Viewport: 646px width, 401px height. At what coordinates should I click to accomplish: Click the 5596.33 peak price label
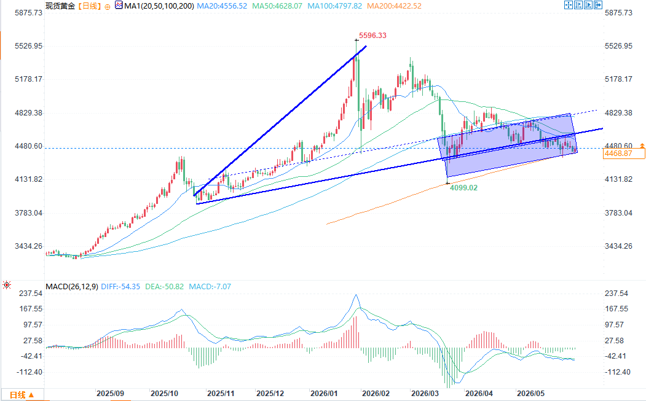(x=372, y=36)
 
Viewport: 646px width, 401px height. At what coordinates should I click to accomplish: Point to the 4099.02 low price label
(x=463, y=188)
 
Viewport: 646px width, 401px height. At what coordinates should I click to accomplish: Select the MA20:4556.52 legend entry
(x=222, y=6)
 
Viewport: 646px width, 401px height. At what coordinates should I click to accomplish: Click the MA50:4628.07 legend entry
(x=277, y=6)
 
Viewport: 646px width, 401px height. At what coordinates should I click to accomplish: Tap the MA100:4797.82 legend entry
(x=335, y=6)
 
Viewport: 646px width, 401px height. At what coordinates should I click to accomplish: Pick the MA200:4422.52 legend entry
(x=394, y=6)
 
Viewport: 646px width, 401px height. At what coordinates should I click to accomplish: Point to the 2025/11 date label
(x=221, y=394)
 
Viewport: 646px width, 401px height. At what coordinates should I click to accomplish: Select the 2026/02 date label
(x=376, y=394)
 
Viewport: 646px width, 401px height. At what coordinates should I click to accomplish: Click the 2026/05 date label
(x=530, y=394)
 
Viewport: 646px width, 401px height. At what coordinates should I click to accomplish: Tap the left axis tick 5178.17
(x=28, y=79)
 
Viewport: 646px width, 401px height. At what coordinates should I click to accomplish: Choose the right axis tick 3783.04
(x=618, y=213)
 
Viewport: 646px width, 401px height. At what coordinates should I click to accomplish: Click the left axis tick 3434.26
(x=28, y=246)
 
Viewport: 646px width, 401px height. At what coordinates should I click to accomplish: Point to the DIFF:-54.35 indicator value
(x=120, y=287)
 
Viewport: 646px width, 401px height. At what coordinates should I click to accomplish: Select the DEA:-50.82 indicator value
(x=164, y=287)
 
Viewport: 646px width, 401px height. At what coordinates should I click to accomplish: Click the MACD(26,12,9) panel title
(x=72, y=287)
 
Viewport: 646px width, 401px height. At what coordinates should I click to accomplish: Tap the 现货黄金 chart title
(x=60, y=6)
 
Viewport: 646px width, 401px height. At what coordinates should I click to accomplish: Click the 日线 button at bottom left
(x=22, y=395)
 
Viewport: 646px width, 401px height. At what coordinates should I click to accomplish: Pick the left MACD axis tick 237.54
(x=31, y=294)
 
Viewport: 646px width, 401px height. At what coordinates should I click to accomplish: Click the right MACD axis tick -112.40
(x=617, y=372)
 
